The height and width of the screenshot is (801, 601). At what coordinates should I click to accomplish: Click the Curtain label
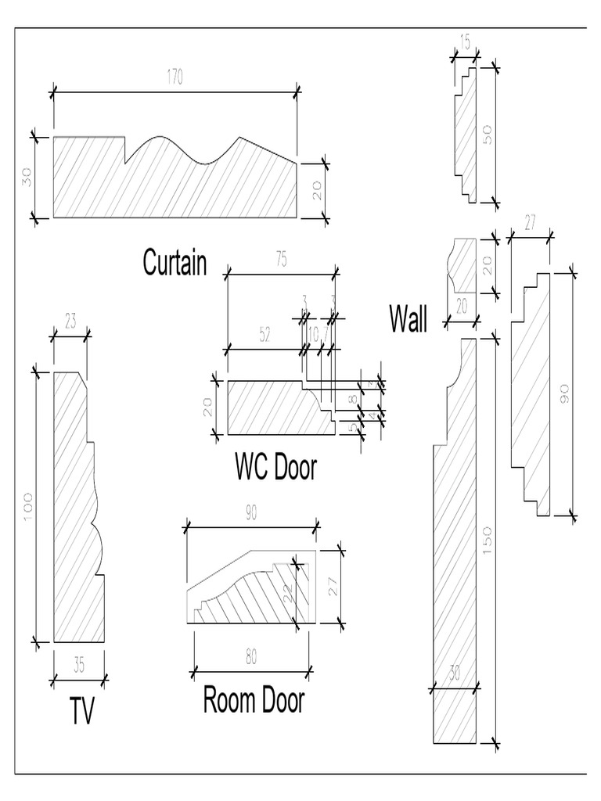(175, 264)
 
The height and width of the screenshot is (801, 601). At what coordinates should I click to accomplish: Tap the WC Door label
(275, 468)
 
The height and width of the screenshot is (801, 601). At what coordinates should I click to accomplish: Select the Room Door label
(254, 700)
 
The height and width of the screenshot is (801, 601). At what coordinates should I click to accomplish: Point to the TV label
(81, 712)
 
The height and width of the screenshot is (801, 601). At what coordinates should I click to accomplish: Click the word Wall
(408, 319)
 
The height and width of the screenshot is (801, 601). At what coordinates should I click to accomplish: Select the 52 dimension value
(265, 335)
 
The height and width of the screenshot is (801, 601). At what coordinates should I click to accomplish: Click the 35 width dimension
(79, 666)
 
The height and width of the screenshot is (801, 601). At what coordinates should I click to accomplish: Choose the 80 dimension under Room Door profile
(250, 657)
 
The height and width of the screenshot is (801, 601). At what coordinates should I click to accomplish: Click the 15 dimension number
(465, 43)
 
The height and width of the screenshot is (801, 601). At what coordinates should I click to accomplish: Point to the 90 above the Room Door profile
(250, 513)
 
